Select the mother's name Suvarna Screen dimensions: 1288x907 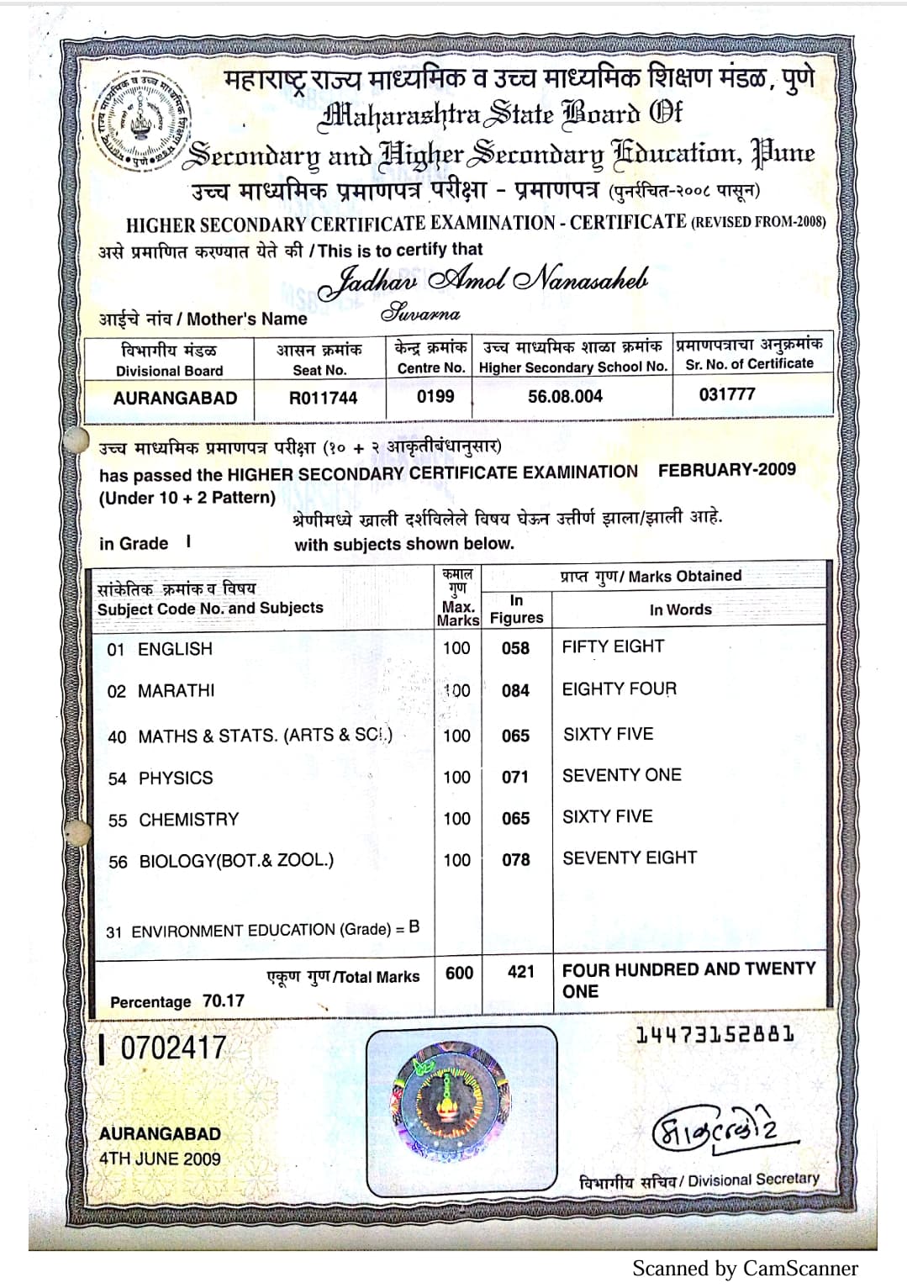421,314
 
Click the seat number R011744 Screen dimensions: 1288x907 323,398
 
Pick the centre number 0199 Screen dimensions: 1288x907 435,396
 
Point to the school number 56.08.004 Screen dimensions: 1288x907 565,396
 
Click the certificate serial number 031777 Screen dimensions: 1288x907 727,394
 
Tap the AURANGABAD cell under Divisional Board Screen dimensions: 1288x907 175,398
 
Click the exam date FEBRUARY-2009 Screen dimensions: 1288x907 726,470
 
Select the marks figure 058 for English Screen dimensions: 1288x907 515,648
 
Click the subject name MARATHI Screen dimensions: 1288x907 176,691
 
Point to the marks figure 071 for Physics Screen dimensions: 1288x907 515,777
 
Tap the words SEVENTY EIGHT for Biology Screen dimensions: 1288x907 630,858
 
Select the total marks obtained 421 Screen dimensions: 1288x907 520,972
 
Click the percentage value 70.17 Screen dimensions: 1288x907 223,1001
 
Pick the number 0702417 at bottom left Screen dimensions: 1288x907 172,1048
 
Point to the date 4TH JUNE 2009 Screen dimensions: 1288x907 160,1159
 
